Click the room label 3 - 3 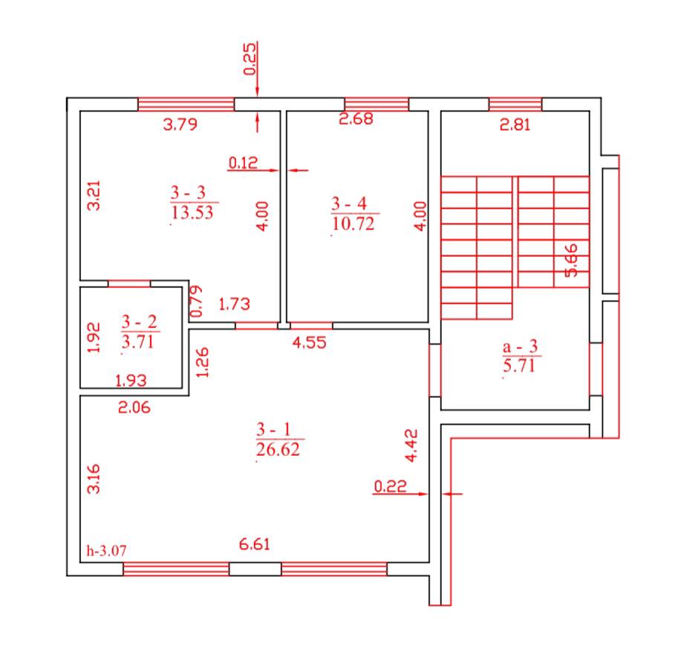pos(188,192)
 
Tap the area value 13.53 pos(192,213)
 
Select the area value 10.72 pos(354,223)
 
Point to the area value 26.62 pos(278,449)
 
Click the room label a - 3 pos(520,347)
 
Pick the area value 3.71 pos(138,342)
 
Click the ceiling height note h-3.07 pos(106,550)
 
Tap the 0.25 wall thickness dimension pos(250,59)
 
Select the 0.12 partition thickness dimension pos(244,163)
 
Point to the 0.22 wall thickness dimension pos(391,486)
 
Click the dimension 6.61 pos(254,544)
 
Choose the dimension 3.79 pos(180,124)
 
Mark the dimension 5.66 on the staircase pos(571,261)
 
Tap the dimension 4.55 pos(309,342)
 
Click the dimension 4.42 pos(411,445)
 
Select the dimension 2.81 pos(515,125)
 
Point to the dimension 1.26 pos(203,362)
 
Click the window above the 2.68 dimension pos(377,105)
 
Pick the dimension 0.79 pos(197,301)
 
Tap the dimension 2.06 pos(134,408)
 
